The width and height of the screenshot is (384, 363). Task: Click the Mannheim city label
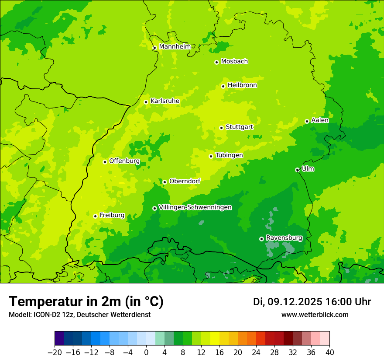click(175, 46)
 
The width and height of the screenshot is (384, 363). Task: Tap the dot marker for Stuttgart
click(221, 128)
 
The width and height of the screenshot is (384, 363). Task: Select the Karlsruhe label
click(165, 101)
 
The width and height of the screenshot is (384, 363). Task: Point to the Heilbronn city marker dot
click(223, 86)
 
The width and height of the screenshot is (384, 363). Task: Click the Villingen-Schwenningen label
click(195, 207)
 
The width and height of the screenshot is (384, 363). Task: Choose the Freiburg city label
click(112, 215)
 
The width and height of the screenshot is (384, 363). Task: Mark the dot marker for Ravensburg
click(261, 239)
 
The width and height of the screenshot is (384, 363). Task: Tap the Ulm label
click(308, 169)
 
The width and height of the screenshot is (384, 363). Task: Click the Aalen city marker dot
click(307, 121)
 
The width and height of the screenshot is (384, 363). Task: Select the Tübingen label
click(229, 155)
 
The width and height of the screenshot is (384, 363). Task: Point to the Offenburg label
click(124, 161)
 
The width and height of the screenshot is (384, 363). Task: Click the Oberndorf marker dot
click(165, 182)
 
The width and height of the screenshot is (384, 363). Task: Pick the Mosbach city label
click(234, 62)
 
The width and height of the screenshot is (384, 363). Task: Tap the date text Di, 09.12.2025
click(288, 302)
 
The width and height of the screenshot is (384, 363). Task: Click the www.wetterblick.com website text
click(315, 314)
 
